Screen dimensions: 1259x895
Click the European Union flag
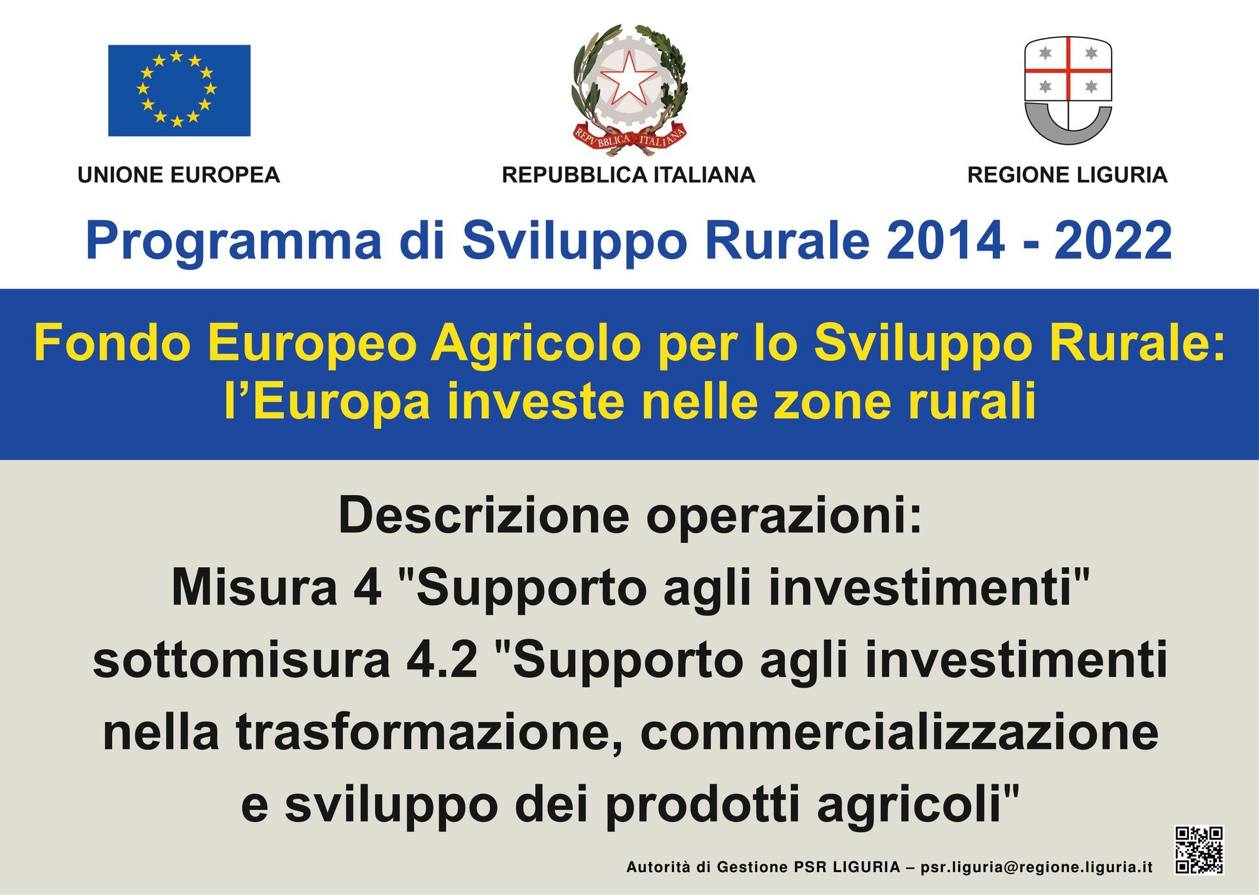179,90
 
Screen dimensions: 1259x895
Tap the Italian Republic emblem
629,90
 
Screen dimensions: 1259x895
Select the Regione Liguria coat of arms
1068,90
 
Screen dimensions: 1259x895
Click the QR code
1199,850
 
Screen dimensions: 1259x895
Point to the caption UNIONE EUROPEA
179,175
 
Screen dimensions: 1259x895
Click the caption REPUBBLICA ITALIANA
629,175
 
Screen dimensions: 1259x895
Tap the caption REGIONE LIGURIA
1068,175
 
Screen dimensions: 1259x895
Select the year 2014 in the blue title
945,241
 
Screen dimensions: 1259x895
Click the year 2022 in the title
1113,241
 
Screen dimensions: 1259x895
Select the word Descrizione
484,516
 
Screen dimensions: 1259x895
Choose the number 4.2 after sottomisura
442,660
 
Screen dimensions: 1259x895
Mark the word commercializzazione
899,732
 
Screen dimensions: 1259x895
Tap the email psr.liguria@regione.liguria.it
1037,867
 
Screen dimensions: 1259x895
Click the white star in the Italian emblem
629,77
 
